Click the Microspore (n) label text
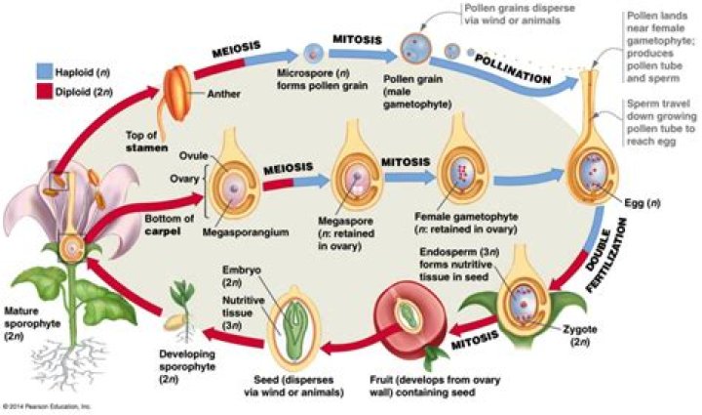311,74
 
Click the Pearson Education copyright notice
45,404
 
